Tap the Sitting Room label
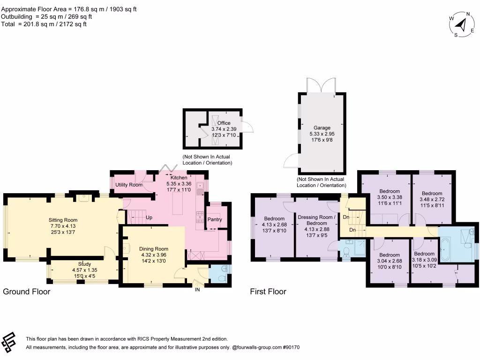63,220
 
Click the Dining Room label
153,249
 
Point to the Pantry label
214,220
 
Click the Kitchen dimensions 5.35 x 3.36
179,184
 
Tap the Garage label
322,127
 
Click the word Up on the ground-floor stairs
149,218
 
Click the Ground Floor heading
27,292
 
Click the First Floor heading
268,292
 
